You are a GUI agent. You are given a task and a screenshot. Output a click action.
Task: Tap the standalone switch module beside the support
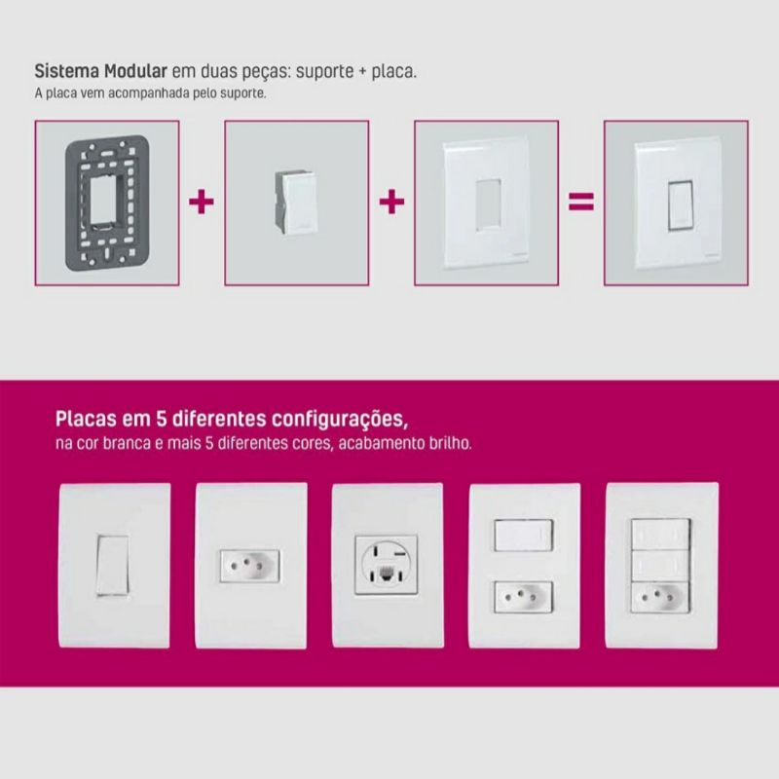[x=295, y=203]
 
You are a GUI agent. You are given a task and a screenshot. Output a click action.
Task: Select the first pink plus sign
[x=202, y=202]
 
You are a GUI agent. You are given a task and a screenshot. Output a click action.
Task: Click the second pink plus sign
[x=391, y=202]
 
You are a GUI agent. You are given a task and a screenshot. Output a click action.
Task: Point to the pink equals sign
[x=580, y=202]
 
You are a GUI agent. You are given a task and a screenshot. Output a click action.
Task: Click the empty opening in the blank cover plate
[x=489, y=204]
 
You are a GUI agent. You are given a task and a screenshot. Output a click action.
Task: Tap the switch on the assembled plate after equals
[x=681, y=205]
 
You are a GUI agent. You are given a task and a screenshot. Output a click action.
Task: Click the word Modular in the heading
[x=135, y=71]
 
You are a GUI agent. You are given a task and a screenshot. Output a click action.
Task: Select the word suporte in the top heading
[x=325, y=72]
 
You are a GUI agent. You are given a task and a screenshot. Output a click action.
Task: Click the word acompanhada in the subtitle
[x=149, y=93]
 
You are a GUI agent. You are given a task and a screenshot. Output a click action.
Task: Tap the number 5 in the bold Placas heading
[x=161, y=419]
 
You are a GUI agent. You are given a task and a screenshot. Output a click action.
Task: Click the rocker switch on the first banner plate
[x=113, y=565]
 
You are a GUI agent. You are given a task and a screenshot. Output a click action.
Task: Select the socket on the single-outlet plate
[x=250, y=566]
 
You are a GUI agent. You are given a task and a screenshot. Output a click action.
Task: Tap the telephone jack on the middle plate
[x=387, y=575]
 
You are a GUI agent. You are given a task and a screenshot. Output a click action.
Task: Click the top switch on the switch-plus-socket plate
[x=524, y=536]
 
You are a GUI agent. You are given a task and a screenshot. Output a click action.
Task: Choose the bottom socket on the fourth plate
[x=524, y=597]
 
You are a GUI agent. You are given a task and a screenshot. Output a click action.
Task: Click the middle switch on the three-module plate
[x=660, y=567]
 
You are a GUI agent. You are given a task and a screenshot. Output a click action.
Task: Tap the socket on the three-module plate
[x=660, y=598]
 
